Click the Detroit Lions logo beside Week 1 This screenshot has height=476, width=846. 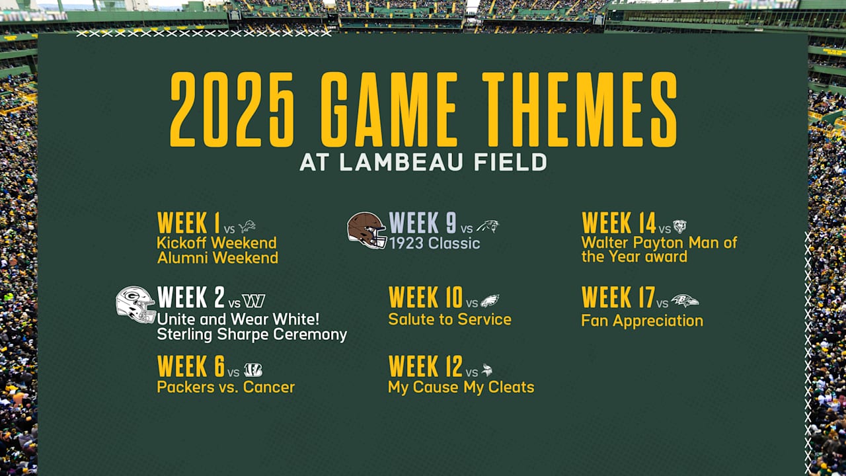coord(247,227)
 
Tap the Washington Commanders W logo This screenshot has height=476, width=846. coord(253,301)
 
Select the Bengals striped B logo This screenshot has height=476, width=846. coord(252,370)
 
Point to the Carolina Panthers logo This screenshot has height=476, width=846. coord(488,227)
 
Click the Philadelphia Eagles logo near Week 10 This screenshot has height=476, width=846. coord(490,301)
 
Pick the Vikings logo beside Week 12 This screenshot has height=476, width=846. coord(487,370)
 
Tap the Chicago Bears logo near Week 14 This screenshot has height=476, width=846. coord(679,227)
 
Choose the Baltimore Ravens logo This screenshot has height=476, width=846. coord(684,301)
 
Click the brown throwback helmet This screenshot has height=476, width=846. coord(367,230)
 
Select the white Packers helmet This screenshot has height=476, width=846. coord(135,304)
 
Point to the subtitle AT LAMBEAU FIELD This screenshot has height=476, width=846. coord(423,163)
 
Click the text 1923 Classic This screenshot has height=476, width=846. coord(434,243)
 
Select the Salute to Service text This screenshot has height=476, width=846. coord(449,319)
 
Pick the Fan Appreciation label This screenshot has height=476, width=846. coord(642,321)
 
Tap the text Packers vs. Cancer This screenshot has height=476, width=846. coord(225,387)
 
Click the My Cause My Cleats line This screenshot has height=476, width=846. coord(461,387)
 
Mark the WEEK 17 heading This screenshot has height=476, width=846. coord(618,297)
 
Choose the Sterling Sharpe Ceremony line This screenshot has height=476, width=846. coord(252,335)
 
